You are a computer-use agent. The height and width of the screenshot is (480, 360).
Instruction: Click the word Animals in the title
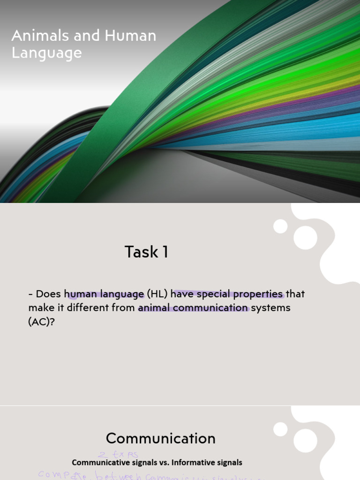[x=32, y=36]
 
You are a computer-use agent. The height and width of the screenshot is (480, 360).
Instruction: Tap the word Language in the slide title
[x=46, y=53]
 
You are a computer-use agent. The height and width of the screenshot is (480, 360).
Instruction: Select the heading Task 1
[x=146, y=252]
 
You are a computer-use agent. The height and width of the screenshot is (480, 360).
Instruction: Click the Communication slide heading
[x=161, y=438]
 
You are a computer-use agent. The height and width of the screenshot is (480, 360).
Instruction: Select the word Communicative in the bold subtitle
[x=102, y=463]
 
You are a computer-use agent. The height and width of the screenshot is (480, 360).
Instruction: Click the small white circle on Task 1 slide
[x=280, y=226]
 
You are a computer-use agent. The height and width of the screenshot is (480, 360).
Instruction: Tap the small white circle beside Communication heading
[x=280, y=429]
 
